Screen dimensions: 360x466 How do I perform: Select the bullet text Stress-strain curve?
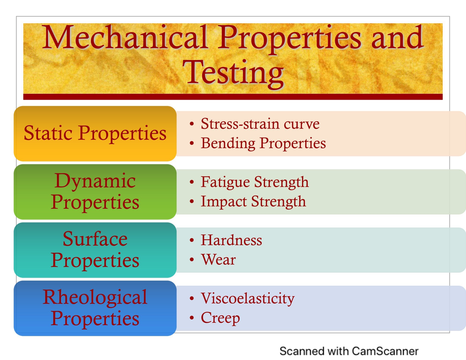260,124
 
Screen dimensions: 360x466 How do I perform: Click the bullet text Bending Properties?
263,143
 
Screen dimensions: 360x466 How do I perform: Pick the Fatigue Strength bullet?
254,182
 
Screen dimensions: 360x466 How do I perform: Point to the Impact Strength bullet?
253,201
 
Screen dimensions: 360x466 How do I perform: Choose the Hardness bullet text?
231,240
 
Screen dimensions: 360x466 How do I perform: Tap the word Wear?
218,260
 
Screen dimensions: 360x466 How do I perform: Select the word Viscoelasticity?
247,298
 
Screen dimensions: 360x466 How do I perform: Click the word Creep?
220,318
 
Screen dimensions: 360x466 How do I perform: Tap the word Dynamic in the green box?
95,181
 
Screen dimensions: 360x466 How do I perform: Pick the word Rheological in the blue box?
95,297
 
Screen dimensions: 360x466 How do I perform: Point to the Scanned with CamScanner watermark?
349,351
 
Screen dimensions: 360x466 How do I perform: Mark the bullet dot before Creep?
192,318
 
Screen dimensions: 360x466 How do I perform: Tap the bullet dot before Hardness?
192,241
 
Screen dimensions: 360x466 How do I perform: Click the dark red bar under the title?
233,97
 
